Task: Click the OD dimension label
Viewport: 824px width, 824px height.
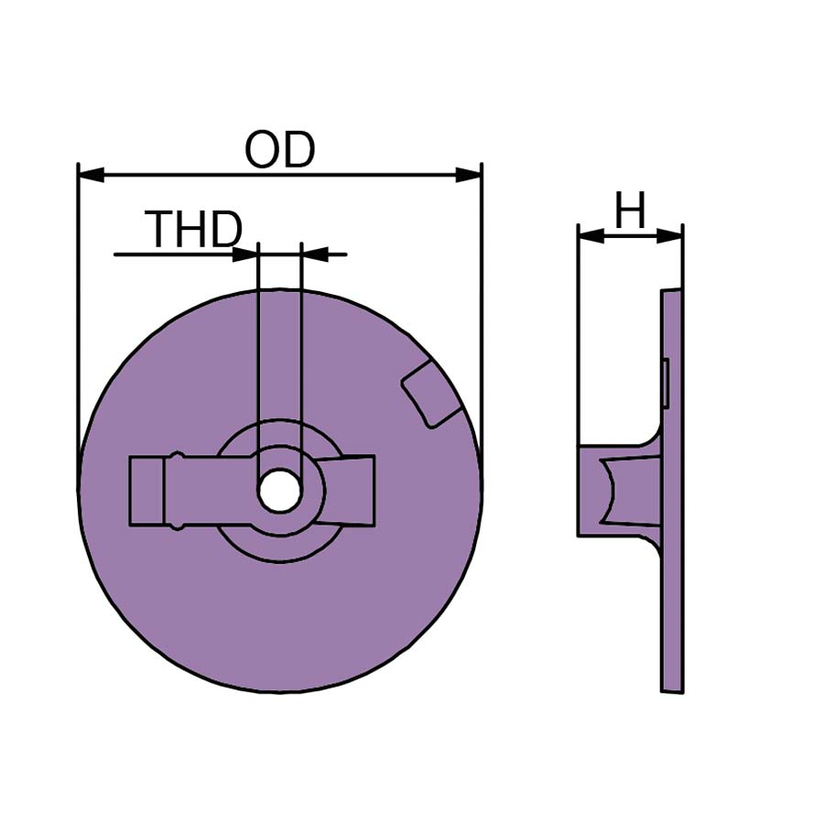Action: pyautogui.click(x=279, y=150)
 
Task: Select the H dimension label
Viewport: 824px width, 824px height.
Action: pyautogui.click(x=630, y=211)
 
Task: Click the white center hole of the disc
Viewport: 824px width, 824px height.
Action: pyautogui.click(x=279, y=491)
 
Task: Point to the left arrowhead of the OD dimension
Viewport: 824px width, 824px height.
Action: pyautogui.click(x=91, y=175)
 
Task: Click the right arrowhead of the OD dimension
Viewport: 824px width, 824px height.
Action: pyautogui.click(x=468, y=175)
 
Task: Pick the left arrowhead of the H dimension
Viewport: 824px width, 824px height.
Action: pyautogui.click(x=591, y=236)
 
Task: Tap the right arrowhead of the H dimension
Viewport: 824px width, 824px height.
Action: pyautogui.click(x=669, y=236)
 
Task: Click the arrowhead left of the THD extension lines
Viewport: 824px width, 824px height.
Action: pyautogui.click(x=245, y=255)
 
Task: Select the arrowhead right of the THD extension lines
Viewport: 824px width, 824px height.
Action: pyautogui.click(x=315, y=255)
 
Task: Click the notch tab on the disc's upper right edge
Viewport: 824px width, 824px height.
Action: pyautogui.click(x=431, y=394)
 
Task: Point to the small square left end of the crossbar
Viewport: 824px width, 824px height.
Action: pyautogui.click(x=146, y=491)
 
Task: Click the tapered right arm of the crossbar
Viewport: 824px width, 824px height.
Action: pyautogui.click(x=346, y=491)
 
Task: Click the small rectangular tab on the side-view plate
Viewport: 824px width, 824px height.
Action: pyautogui.click(x=666, y=383)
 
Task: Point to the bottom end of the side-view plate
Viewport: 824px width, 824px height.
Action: pyautogui.click(x=672, y=691)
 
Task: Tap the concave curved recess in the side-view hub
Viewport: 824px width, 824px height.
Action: pyautogui.click(x=610, y=491)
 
